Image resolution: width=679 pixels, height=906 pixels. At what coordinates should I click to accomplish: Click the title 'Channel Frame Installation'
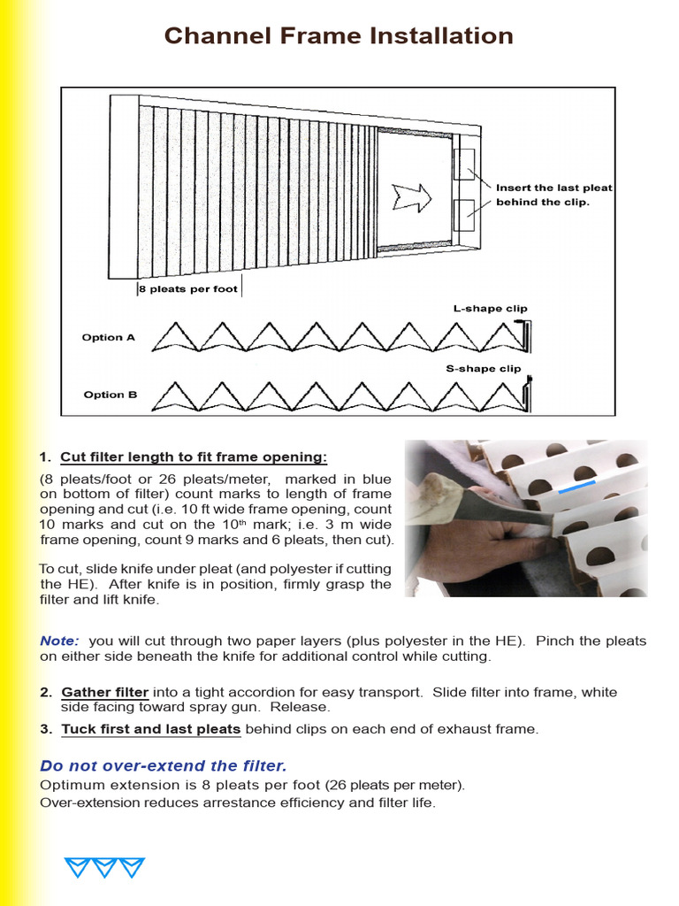tap(339, 36)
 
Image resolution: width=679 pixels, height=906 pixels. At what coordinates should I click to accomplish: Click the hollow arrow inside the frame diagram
tap(412, 196)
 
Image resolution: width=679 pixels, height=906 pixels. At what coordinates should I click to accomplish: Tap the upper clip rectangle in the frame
tap(464, 165)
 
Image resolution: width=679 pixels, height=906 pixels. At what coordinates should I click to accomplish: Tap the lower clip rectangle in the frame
tap(464, 215)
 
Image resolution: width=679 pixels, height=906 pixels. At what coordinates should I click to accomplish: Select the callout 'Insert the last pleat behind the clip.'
tap(553, 195)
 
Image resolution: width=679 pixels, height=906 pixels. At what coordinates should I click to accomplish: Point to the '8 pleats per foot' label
tap(188, 289)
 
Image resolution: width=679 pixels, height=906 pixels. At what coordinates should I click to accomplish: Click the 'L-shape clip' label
tap(490, 309)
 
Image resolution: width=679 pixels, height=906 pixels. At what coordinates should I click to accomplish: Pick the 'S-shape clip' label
tap(484, 368)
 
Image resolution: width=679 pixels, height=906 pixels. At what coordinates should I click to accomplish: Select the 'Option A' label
tap(109, 337)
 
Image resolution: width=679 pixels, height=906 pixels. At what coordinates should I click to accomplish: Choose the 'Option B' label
tap(110, 395)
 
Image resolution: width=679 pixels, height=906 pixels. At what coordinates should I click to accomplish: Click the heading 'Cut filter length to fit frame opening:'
tap(194, 457)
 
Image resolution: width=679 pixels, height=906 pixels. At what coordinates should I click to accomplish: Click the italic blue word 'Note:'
tap(59, 641)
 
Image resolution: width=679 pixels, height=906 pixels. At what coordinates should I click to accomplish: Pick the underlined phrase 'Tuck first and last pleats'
tap(151, 729)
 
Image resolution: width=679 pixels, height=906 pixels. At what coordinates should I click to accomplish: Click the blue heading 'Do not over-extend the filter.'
tap(164, 765)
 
